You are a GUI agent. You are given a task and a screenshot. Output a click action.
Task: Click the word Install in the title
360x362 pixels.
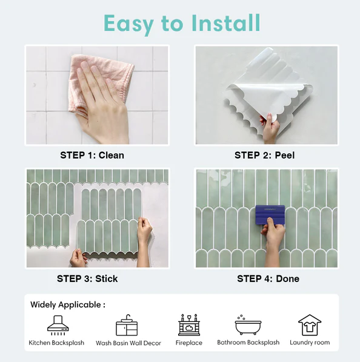pyautogui.click(x=225, y=23)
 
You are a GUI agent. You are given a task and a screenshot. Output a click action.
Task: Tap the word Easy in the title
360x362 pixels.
pyautogui.click(x=128, y=24)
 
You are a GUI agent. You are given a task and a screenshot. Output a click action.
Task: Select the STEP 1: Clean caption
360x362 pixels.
pyautogui.click(x=92, y=156)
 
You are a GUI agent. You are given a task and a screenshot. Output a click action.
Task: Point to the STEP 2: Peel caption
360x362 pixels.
pyautogui.click(x=265, y=156)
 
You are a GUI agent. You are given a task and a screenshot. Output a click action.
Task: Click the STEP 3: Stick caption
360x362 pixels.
pyautogui.click(x=87, y=278)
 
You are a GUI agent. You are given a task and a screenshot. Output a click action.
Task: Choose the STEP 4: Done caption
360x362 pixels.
pyautogui.click(x=268, y=278)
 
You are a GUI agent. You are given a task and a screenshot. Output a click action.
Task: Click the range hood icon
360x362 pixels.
pyautogui.click(x=58, y=325)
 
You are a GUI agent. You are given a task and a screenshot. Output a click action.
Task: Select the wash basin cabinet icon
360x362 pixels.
pyautogui.click(x=127, y=325)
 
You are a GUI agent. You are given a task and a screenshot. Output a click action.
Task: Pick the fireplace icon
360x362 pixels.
pyautogui.click(x=189, y=325)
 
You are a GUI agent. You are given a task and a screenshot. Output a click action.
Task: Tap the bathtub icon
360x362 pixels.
pyautogui.click(x=248, y=324)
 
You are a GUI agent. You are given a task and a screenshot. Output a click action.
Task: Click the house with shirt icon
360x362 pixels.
pyautogui.click(x=310, y=325)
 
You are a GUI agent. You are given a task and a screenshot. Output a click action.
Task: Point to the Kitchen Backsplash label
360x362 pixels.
pyautogui.click(x=56, y=343)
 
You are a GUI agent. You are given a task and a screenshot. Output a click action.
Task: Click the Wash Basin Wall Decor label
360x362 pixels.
pyautogui.click(x=128, y=343)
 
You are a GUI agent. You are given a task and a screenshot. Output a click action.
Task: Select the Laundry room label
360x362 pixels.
pyautogui.click(x=310, y=343)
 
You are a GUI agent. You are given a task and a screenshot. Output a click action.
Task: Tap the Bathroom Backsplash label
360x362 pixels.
pyautogui.click(x=248, y=343)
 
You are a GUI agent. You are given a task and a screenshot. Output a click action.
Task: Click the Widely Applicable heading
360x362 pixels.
pyautogui.click(x=68, y=305)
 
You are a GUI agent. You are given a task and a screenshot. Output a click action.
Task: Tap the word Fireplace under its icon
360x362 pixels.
pyautogui.click(x=189, y=343)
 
